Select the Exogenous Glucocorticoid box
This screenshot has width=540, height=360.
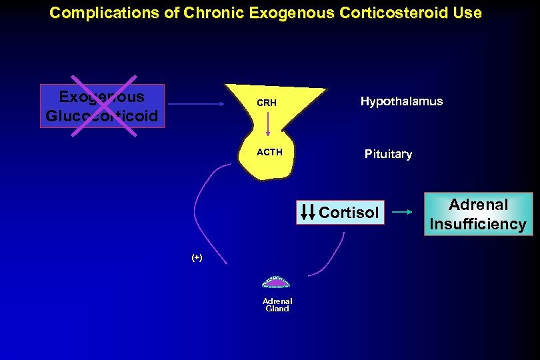(102, 106)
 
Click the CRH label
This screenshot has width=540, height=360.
(267, 103)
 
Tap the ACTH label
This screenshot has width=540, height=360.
(269, 152)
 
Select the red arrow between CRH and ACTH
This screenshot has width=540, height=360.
(268, 125)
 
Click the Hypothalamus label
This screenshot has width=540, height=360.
(401, 101)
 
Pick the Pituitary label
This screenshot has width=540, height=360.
(388, 154)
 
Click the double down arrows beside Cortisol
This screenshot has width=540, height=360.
(308, 211)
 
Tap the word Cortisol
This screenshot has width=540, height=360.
(349, 213)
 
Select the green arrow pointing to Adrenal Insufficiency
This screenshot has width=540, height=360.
(402, 212)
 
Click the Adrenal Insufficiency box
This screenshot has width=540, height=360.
(478, 214)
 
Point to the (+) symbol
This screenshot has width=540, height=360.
(197, 257)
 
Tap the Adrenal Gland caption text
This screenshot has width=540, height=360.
(277, 305)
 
